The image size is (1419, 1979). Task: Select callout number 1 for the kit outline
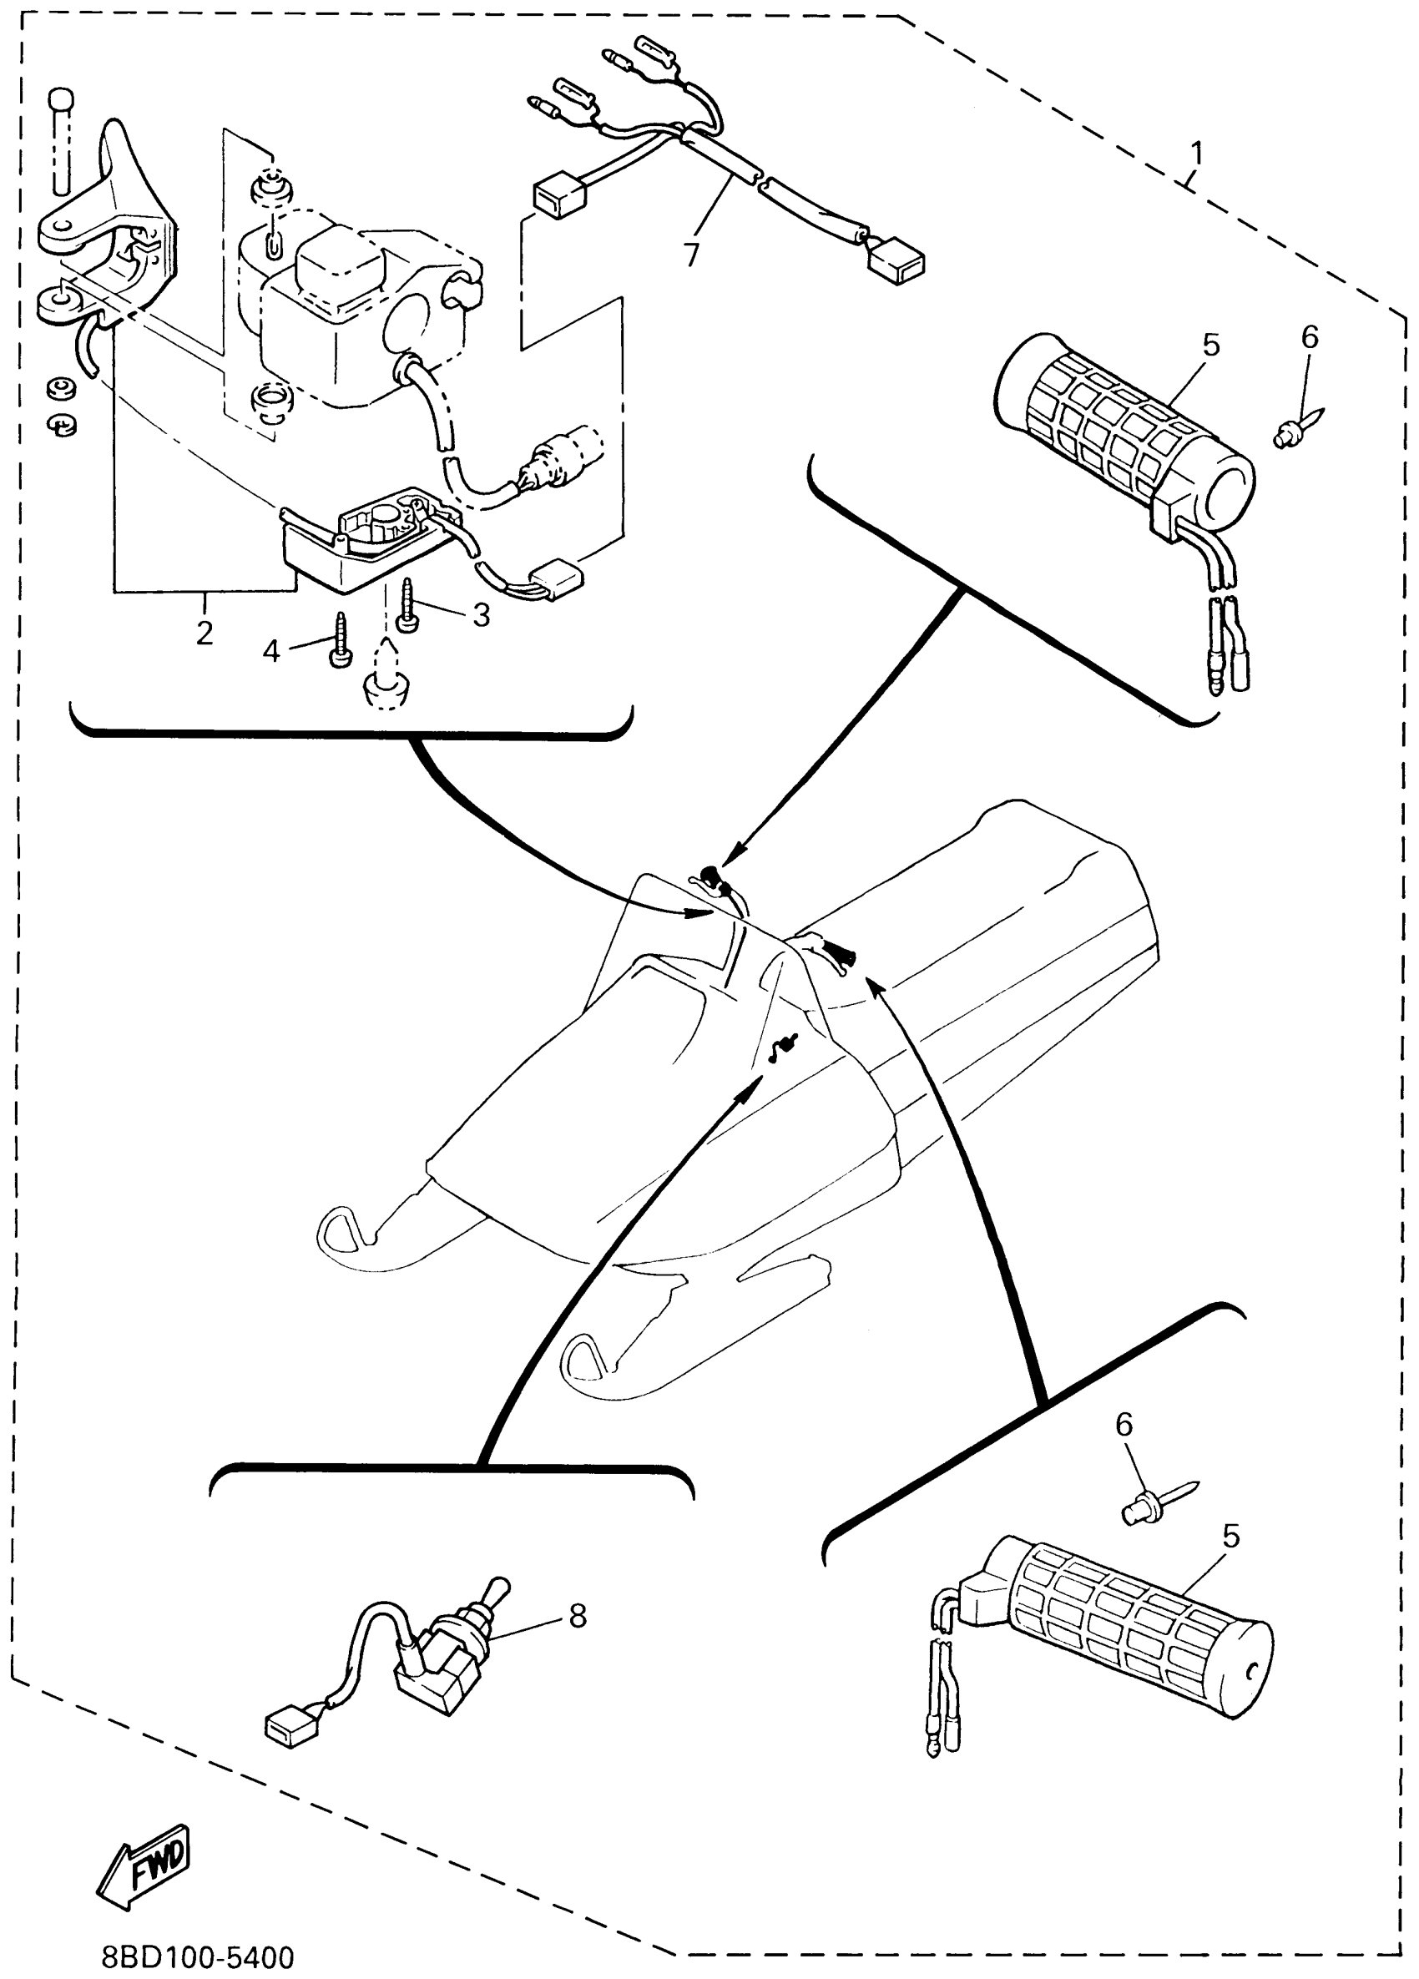click(1197, 154)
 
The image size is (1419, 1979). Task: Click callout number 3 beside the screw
click(481, 615)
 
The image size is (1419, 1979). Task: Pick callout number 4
click(271, 650)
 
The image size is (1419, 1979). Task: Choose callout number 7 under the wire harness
click(691, 255)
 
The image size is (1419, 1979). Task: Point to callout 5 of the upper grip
click(1211, 346)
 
